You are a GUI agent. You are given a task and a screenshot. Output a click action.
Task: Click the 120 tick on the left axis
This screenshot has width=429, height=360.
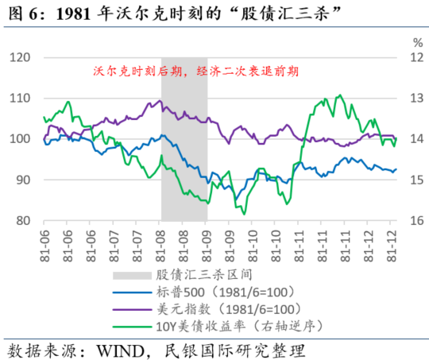pyautogui.click(x=21, y=57)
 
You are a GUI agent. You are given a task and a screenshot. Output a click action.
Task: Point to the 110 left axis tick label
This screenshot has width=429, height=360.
pyautogui.click(x=21, y=99)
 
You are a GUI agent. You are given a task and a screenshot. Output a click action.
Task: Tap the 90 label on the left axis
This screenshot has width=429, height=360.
pyautogui.click(x=24, y=180)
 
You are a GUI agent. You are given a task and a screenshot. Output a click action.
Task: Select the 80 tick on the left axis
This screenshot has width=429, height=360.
pyautogui.click(x=24, y=222)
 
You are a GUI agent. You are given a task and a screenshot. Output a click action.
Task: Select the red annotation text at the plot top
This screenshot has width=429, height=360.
pyautogui.click(x=195, y=71)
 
